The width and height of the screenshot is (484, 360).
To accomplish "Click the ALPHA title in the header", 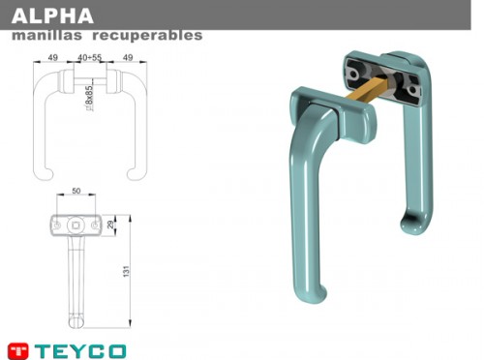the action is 52,15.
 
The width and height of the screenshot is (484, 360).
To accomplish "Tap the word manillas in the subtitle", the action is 46,35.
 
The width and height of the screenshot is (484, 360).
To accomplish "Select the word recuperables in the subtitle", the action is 147,36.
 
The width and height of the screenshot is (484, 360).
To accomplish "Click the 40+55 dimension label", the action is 90,57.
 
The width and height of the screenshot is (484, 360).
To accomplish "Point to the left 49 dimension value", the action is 53,57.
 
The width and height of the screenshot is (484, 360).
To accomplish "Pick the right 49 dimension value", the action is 128,57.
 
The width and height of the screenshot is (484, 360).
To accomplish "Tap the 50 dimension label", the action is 76,191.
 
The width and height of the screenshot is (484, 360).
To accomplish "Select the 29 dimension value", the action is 110,225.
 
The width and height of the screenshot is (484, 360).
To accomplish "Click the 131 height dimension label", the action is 126,271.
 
